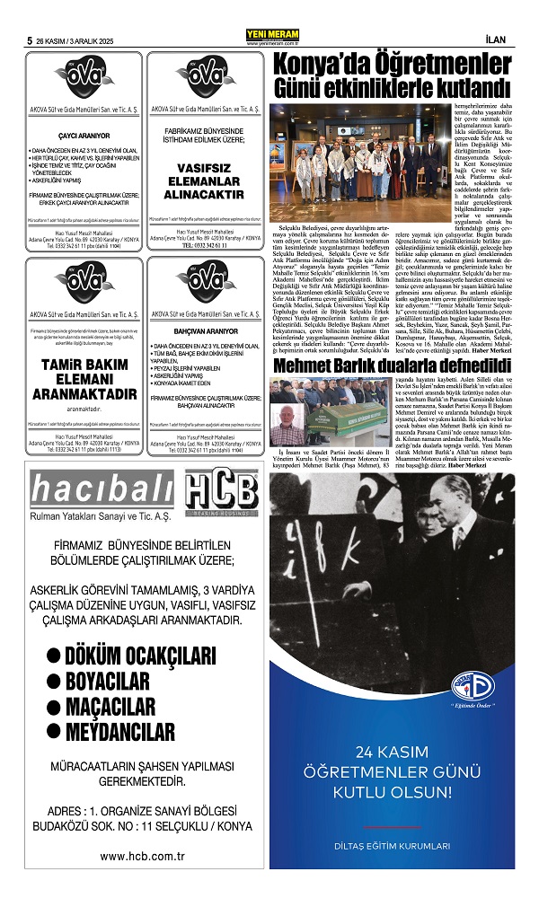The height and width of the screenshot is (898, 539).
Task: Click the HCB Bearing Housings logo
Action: click(x=221, y=491)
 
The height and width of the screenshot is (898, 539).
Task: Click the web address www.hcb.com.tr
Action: click(x=142, y=856)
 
